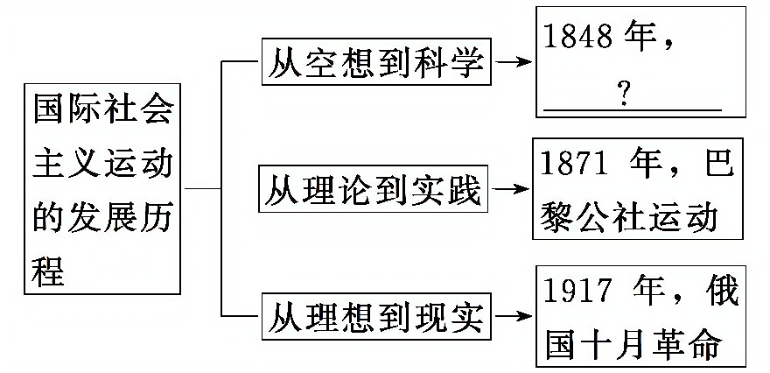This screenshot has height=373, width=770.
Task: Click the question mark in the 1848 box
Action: pyautogui.click(x=624, y=94)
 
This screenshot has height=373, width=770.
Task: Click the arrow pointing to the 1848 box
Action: pyautogui.click(x=514, y=64)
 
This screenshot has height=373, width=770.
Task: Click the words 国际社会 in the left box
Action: pyautogui.click(x=102, y=115)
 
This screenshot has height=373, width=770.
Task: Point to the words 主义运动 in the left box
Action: pyautogui.click(x=102, y=165)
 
